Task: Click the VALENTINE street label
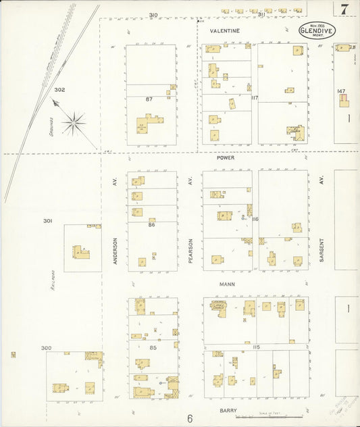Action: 224,31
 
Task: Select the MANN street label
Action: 226,284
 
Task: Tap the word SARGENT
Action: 322,249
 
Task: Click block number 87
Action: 149,99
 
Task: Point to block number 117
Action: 255,98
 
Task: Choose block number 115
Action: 256,347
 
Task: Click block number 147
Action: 341,91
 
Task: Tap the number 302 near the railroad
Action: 59,89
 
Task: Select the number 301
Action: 47,221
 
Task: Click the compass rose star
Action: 74,123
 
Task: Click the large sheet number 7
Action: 344,9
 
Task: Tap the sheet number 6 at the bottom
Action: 190,418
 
